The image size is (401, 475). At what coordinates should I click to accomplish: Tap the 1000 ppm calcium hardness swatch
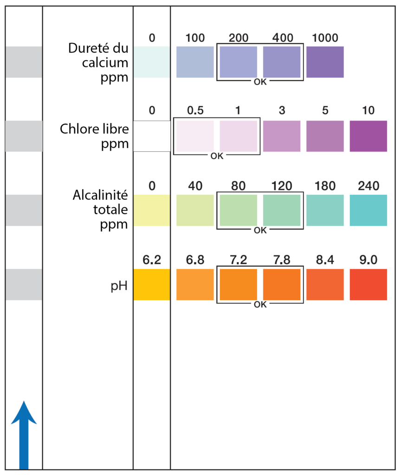(325, 62)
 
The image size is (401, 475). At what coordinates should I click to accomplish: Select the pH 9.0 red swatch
(368, 284)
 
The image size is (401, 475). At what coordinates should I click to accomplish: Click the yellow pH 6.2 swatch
(151, 284)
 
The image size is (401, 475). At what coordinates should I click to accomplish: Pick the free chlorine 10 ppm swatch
(368, 136)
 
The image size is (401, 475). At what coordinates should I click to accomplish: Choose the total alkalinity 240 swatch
(368, 210)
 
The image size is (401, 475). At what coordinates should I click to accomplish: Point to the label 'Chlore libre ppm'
(94, 136)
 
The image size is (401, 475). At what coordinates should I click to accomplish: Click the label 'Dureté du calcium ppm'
(98, 62)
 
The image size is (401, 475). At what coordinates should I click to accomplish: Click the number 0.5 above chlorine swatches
(195, 112)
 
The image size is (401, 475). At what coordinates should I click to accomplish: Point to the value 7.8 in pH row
(282, 260)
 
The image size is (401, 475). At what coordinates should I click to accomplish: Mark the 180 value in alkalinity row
(325, 186)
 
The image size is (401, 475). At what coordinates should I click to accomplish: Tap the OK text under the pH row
(260, 305)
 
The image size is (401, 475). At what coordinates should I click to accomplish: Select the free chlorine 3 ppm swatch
(282, 136)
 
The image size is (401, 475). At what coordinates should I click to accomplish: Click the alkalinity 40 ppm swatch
(195, 210)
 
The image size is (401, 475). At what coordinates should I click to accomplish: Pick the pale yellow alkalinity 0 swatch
(151, 210)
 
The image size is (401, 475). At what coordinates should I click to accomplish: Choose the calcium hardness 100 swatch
(195, 62)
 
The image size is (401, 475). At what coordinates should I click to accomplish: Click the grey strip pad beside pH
(24, 284)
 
